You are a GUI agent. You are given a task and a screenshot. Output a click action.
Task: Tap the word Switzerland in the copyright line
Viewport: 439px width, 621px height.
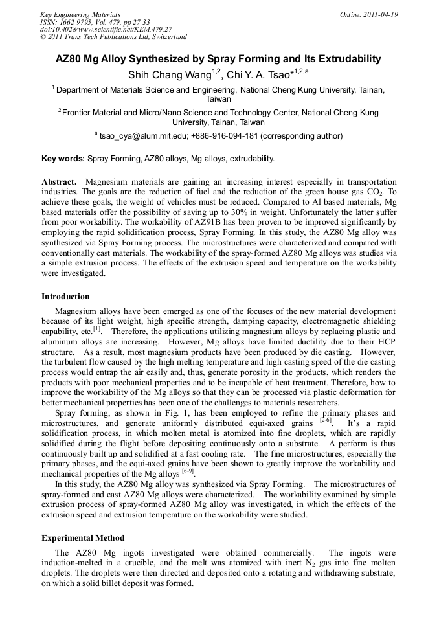tap(166, 37)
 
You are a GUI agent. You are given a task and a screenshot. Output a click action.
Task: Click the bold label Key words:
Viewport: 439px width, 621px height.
tap(63, 159)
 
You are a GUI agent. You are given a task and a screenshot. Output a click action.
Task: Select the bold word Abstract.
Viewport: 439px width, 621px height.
tap(60, 183)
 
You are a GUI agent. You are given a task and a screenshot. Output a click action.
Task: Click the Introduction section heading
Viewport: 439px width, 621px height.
tap(65, 297)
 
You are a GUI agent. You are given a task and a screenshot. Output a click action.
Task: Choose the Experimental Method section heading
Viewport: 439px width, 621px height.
tap(83, 538)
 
